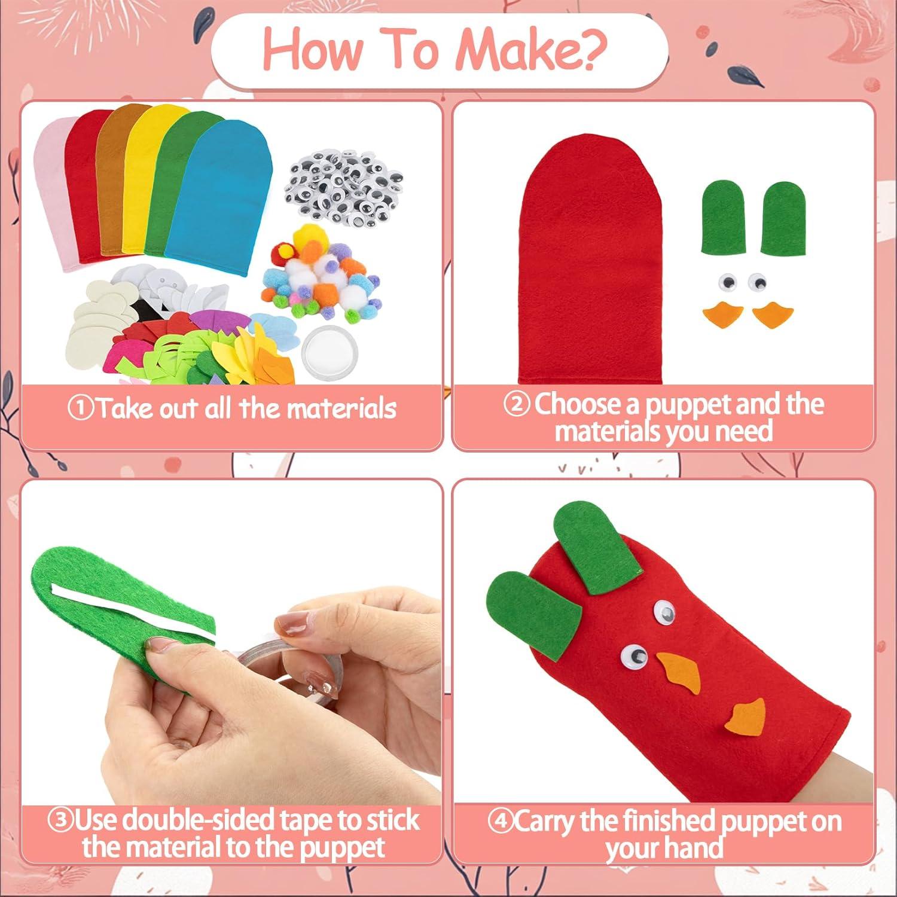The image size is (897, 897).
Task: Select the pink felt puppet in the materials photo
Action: click(51, 197)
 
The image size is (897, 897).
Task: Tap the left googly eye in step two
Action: click(727, 281)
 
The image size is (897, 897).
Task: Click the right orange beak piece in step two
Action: click(771, 315)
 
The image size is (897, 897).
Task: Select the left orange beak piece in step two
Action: click(722, 315)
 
